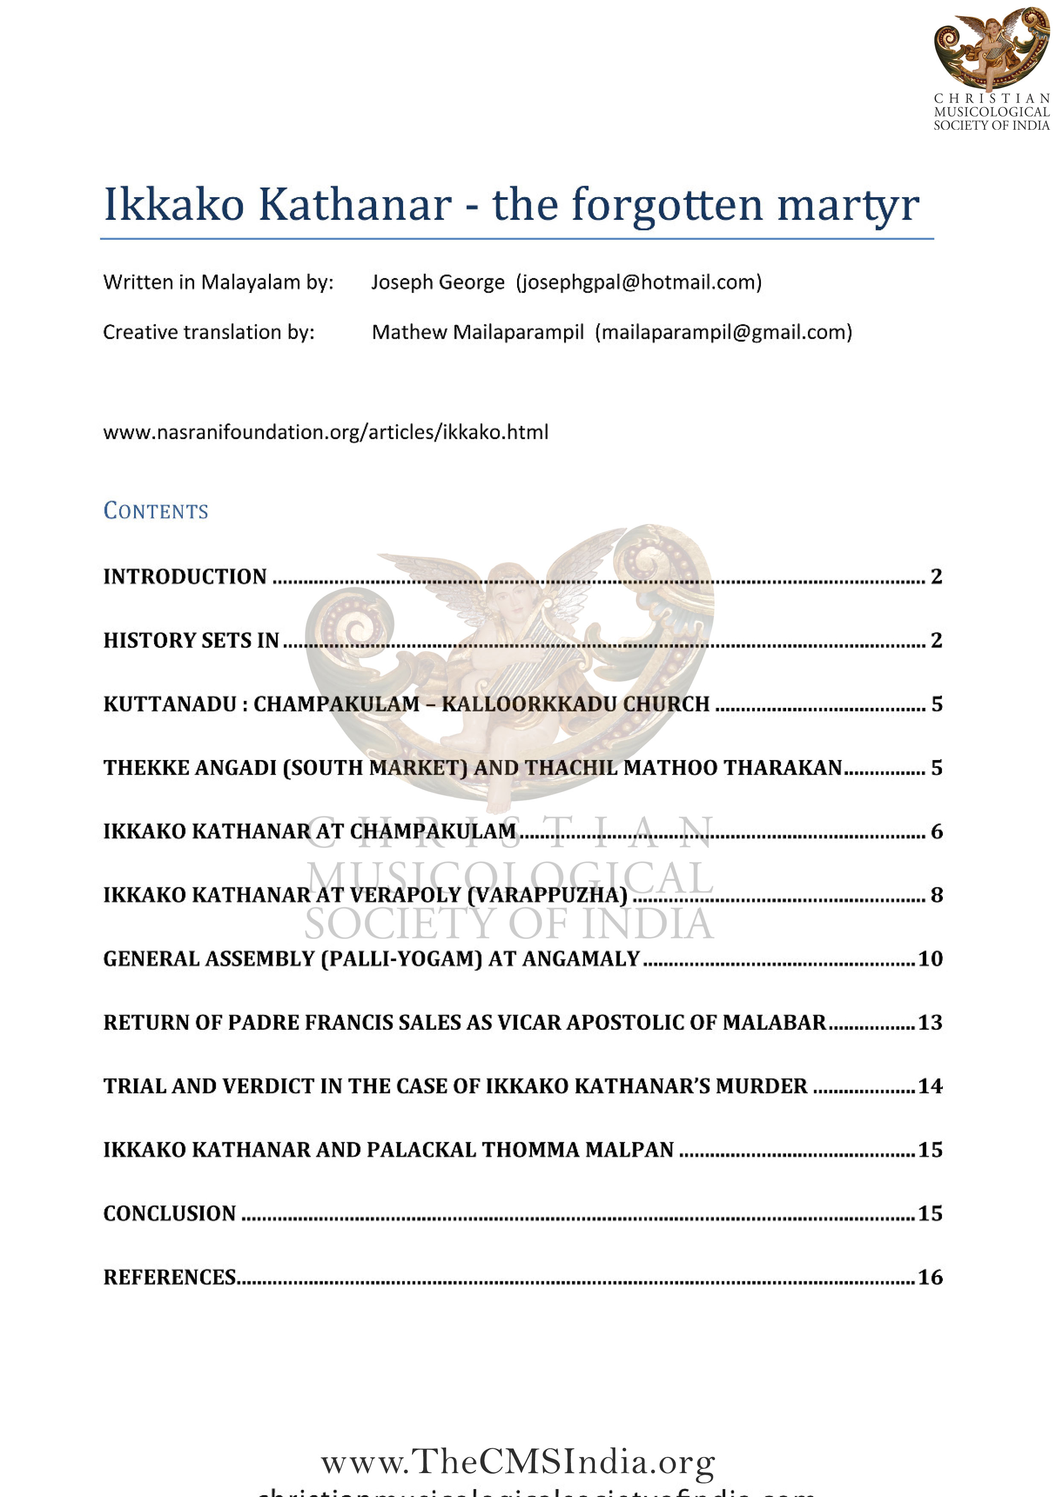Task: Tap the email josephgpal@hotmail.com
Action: tap(639, 283)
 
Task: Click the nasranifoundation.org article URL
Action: tap(325, 432)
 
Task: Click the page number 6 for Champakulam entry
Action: tap(936, 831)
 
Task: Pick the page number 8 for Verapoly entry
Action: tap(936, 895)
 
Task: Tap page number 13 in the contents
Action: tap(930, 1022)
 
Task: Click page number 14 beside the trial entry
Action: tap(930, 1086)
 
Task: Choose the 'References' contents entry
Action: tap(170, 1277)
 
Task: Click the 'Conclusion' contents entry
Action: tap(170, 1213)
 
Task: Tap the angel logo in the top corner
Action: tap(991, 49)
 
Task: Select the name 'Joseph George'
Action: tap(438, 283)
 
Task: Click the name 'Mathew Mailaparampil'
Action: tap(478, 332)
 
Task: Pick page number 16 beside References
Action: tap(930, 1277)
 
